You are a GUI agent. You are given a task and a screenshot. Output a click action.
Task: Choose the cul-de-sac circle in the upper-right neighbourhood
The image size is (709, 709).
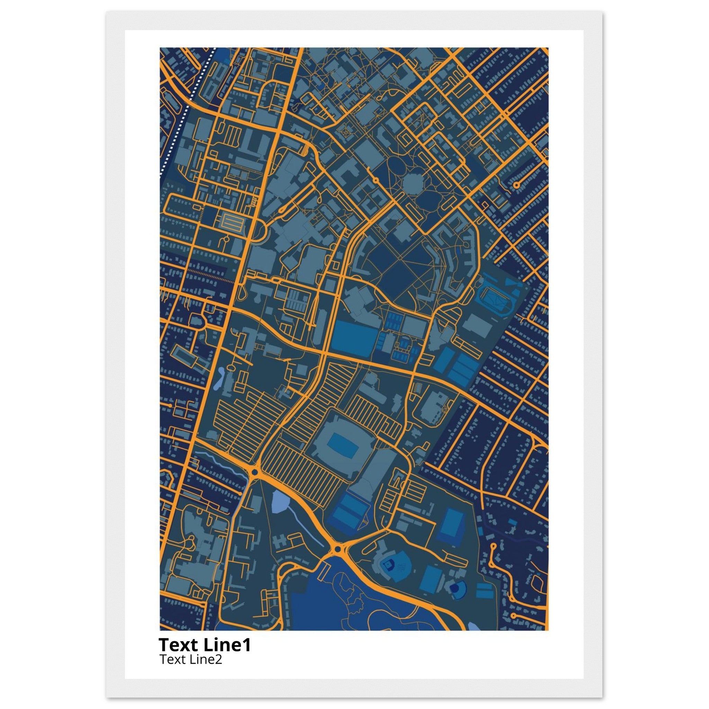pyautogui.click(x=516, y=185)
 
